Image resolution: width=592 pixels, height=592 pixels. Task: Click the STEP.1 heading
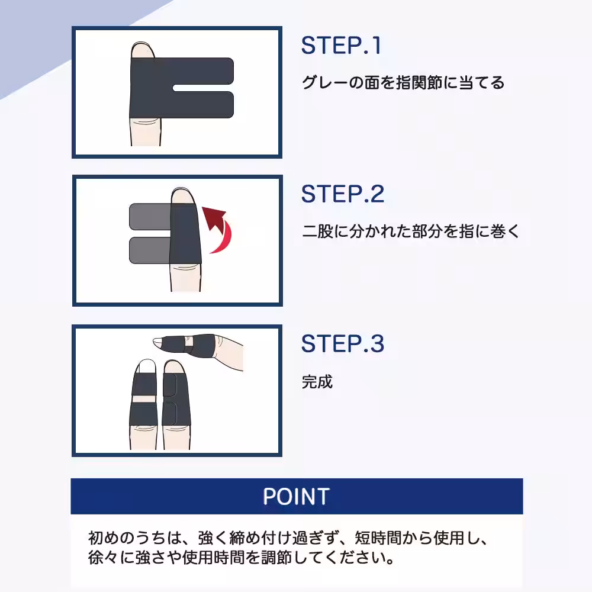click(x=341, y=46)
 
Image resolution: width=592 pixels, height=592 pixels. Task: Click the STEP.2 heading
click(x=342, y=194)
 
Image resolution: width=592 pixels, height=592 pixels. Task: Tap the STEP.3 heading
click(x=342, y=343)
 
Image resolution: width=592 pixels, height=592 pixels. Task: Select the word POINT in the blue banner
click(x=296, y=496)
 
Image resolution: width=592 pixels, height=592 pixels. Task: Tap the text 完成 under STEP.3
click(x=317, y=382)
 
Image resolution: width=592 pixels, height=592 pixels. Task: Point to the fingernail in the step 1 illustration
click(x=143, y=50)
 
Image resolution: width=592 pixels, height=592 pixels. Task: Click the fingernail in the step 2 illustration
click(x=181, y=195)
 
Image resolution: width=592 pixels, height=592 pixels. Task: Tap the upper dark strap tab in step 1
click(x=204, y=71)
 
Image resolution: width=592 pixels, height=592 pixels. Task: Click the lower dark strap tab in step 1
click(x=204, y=104)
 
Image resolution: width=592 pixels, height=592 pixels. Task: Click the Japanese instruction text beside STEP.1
click(x=403, y=82)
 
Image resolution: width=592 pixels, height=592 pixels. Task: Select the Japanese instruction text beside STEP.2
click(x=410, y=231)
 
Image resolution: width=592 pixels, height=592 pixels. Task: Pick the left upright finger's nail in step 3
click(x=144, y=366)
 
